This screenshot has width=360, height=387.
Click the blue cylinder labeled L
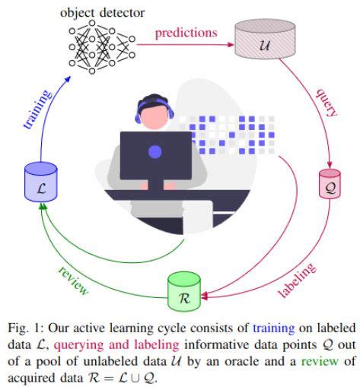[x=40, y=181]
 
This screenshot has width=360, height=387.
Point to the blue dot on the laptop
[x=155, y=151]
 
